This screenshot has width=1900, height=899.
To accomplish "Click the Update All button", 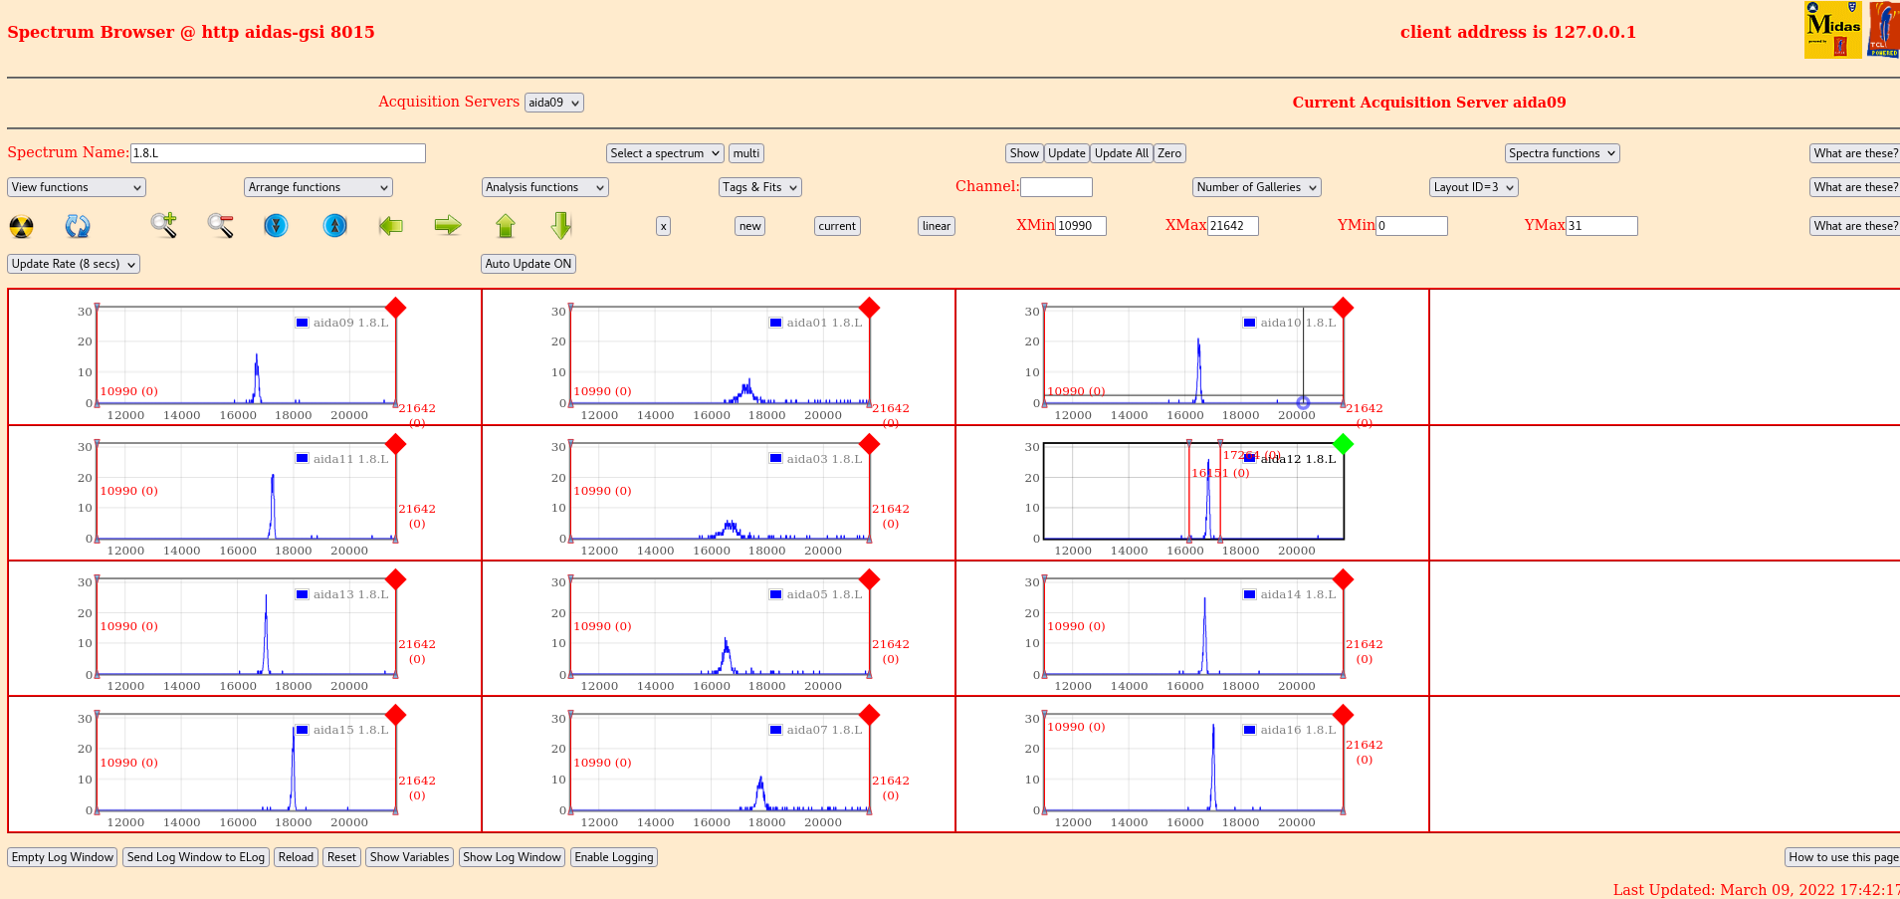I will pos(1122,153).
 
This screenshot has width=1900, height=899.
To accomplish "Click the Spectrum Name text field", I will pos(278,153).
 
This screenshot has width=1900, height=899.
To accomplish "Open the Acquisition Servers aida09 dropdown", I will pos(553,103).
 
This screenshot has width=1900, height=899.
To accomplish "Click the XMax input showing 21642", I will pos(1232,226).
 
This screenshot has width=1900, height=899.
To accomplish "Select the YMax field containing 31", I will pos(1600,226).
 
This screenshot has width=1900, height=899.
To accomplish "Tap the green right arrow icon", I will pos(448,226).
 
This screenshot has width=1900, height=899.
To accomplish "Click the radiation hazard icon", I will pos(21,226).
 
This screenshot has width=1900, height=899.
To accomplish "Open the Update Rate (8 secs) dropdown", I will pos(74,264).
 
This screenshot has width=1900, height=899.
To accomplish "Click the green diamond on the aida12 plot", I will pos(1343,444).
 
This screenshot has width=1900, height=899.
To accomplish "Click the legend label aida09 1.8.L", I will pos(350,323).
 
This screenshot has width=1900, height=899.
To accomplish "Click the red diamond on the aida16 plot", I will pos(1343,715).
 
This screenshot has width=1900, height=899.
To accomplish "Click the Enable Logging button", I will pos(614,857).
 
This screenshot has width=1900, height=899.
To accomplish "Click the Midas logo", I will pos(1832,30).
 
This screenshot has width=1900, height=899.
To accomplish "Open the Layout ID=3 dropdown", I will pos(1473,187).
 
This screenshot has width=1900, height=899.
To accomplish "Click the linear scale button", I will pos(936,226).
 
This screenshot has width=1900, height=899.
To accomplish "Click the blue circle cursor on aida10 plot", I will pos(1303,403).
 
